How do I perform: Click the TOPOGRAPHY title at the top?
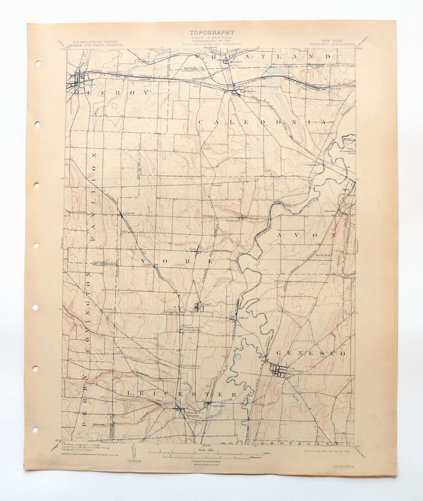click(x=212, y=32)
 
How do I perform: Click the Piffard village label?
click(x=244, y=318)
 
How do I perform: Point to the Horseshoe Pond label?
click(x=346, y=151)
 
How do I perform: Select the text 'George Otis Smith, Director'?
click(x=95, y=44)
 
